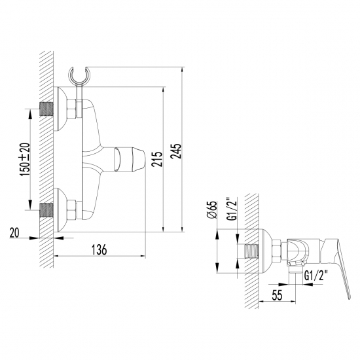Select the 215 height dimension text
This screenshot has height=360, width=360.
tap(156, 158)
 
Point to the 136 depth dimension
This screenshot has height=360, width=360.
tap(98, 249)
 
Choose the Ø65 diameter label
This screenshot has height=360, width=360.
tap(211, 213)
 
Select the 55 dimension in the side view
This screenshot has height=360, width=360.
tap(277, 296)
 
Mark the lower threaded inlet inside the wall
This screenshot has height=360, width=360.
tap(46, 209)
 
